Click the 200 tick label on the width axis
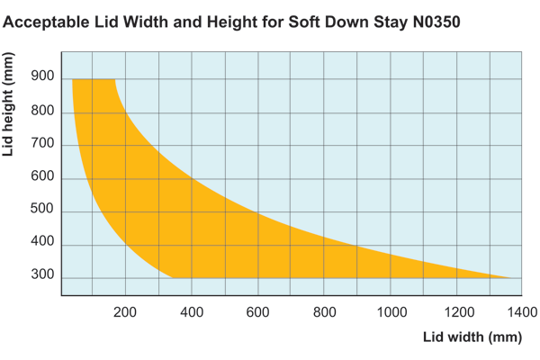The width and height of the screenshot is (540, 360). (x=125, y=312)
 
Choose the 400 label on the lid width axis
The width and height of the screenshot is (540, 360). (x=192, y=312)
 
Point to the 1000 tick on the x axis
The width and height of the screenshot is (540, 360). (x=391, y=312)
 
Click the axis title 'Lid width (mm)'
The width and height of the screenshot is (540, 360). (x=472, y=337)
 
